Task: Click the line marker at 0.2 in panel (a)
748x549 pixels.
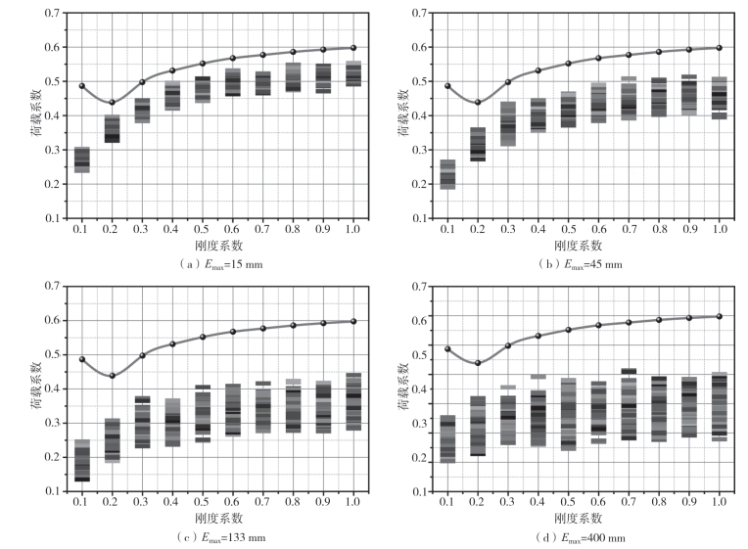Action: [112, 102]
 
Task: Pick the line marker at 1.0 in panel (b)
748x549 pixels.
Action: [719, 47]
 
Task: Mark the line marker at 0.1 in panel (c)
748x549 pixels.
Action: [82, 359]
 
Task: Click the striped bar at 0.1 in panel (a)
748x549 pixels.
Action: [82, 160]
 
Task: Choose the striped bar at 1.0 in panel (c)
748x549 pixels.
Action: [353, 401]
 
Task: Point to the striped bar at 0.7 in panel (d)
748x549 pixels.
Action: [629, 404]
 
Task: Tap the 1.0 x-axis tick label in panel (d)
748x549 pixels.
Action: [719, 502]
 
